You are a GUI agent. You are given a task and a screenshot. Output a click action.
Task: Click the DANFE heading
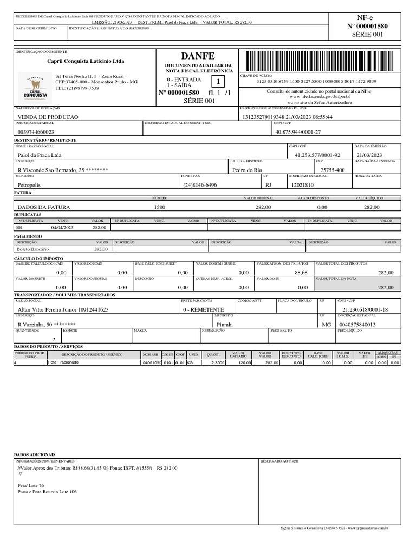[x=197, y=56]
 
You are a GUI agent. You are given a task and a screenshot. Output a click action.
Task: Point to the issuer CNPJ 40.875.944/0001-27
[x=298, y=131]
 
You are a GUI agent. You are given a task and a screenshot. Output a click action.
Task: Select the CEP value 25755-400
[x=333, y=170]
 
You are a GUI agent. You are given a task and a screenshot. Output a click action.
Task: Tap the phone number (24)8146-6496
[x=200, y=184]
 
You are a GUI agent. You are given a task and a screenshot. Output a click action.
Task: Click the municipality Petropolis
[x=29, y=184]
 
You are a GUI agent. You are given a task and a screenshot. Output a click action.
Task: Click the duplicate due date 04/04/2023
[x=62, y=228]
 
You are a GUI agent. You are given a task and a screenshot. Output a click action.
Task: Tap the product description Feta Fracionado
[x=63, y=362]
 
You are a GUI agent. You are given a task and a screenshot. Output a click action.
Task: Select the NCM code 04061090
[x=152, y=362]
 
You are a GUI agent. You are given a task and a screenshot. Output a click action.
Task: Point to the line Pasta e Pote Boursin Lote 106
[x=47, y=492]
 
